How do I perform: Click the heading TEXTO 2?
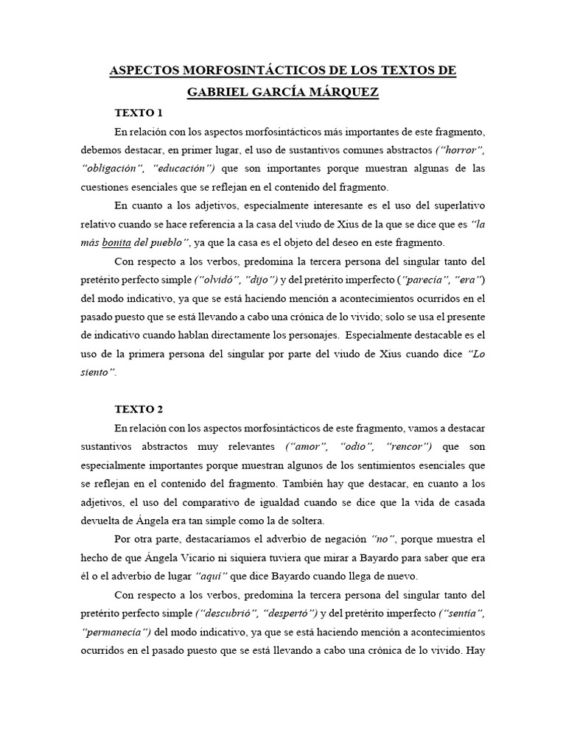pos(139,409)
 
